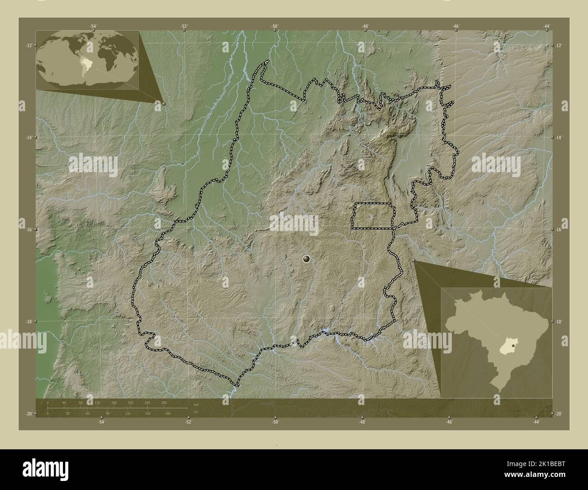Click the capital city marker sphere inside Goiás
coord(307,259)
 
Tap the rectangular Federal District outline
coord(373,216)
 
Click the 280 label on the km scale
coord(163,402)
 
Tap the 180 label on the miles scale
coord(168,413)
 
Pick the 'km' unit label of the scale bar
coord(196,404)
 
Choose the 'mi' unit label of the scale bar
coord(195,411)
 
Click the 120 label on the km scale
coord(97,402)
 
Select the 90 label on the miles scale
coord(108,413)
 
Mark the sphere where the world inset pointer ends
coord(163,104)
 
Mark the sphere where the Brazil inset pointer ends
coord(414,260)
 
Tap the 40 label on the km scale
coord(64,402)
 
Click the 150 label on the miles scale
coord(147,413)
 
